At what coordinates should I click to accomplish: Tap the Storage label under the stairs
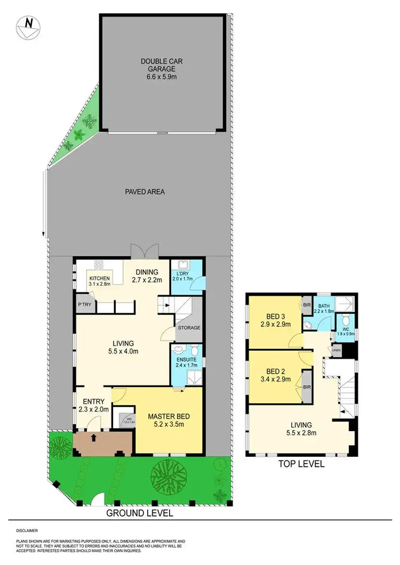coord(189,327)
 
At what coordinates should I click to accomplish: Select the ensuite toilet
coord(194,350)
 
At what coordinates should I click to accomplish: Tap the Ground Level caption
coord(140,514)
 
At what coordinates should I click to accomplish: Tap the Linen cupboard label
coord(336,350)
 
